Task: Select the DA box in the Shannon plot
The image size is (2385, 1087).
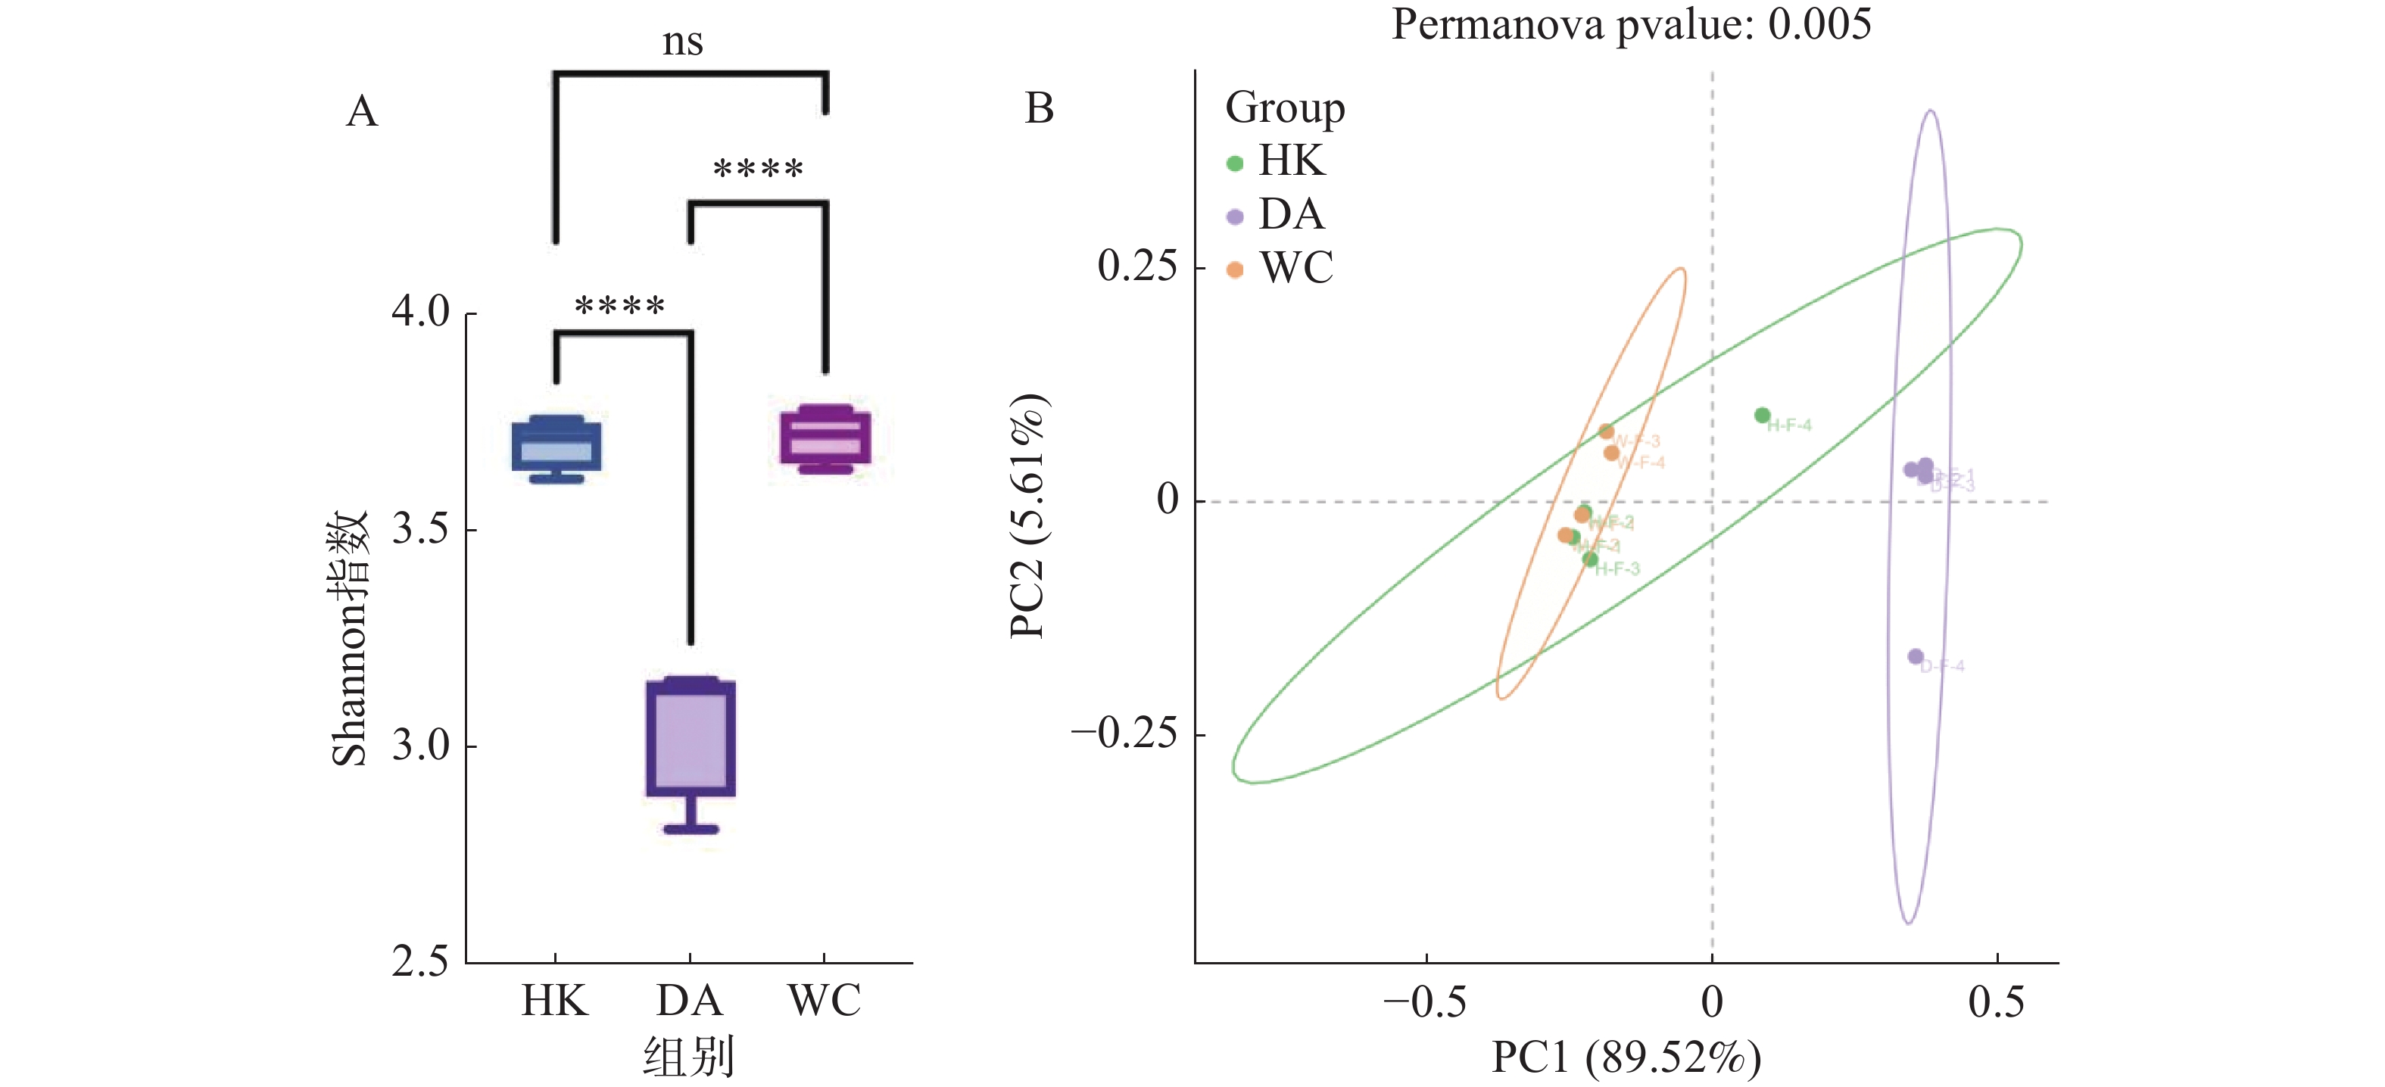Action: tap(691, 738)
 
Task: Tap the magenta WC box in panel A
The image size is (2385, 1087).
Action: tap(825, 437)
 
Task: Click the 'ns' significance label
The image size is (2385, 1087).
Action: tap(682, 42)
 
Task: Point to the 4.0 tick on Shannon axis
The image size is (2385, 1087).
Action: tap(420, 312)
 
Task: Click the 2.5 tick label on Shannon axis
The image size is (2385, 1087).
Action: tap(420, 962)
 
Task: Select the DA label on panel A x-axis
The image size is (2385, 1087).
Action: tap(689, 1001)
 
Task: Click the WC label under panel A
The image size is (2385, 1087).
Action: tap(824, 1001)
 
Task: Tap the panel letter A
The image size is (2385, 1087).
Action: tap(362, 111)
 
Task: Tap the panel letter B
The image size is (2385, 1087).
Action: tap(1040, 108)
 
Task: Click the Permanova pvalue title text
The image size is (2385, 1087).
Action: tap(1630, 24)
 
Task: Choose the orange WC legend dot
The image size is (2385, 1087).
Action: tap(1234, 269)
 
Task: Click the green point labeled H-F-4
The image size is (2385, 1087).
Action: tap(1763, 416)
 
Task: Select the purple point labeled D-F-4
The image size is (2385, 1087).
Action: tap(1916, 656)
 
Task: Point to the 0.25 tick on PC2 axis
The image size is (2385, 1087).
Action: tap(1137, 266)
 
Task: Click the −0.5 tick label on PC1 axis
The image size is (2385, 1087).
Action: tap(1424, 1001)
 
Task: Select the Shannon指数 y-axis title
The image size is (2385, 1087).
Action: tap(350, 638)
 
